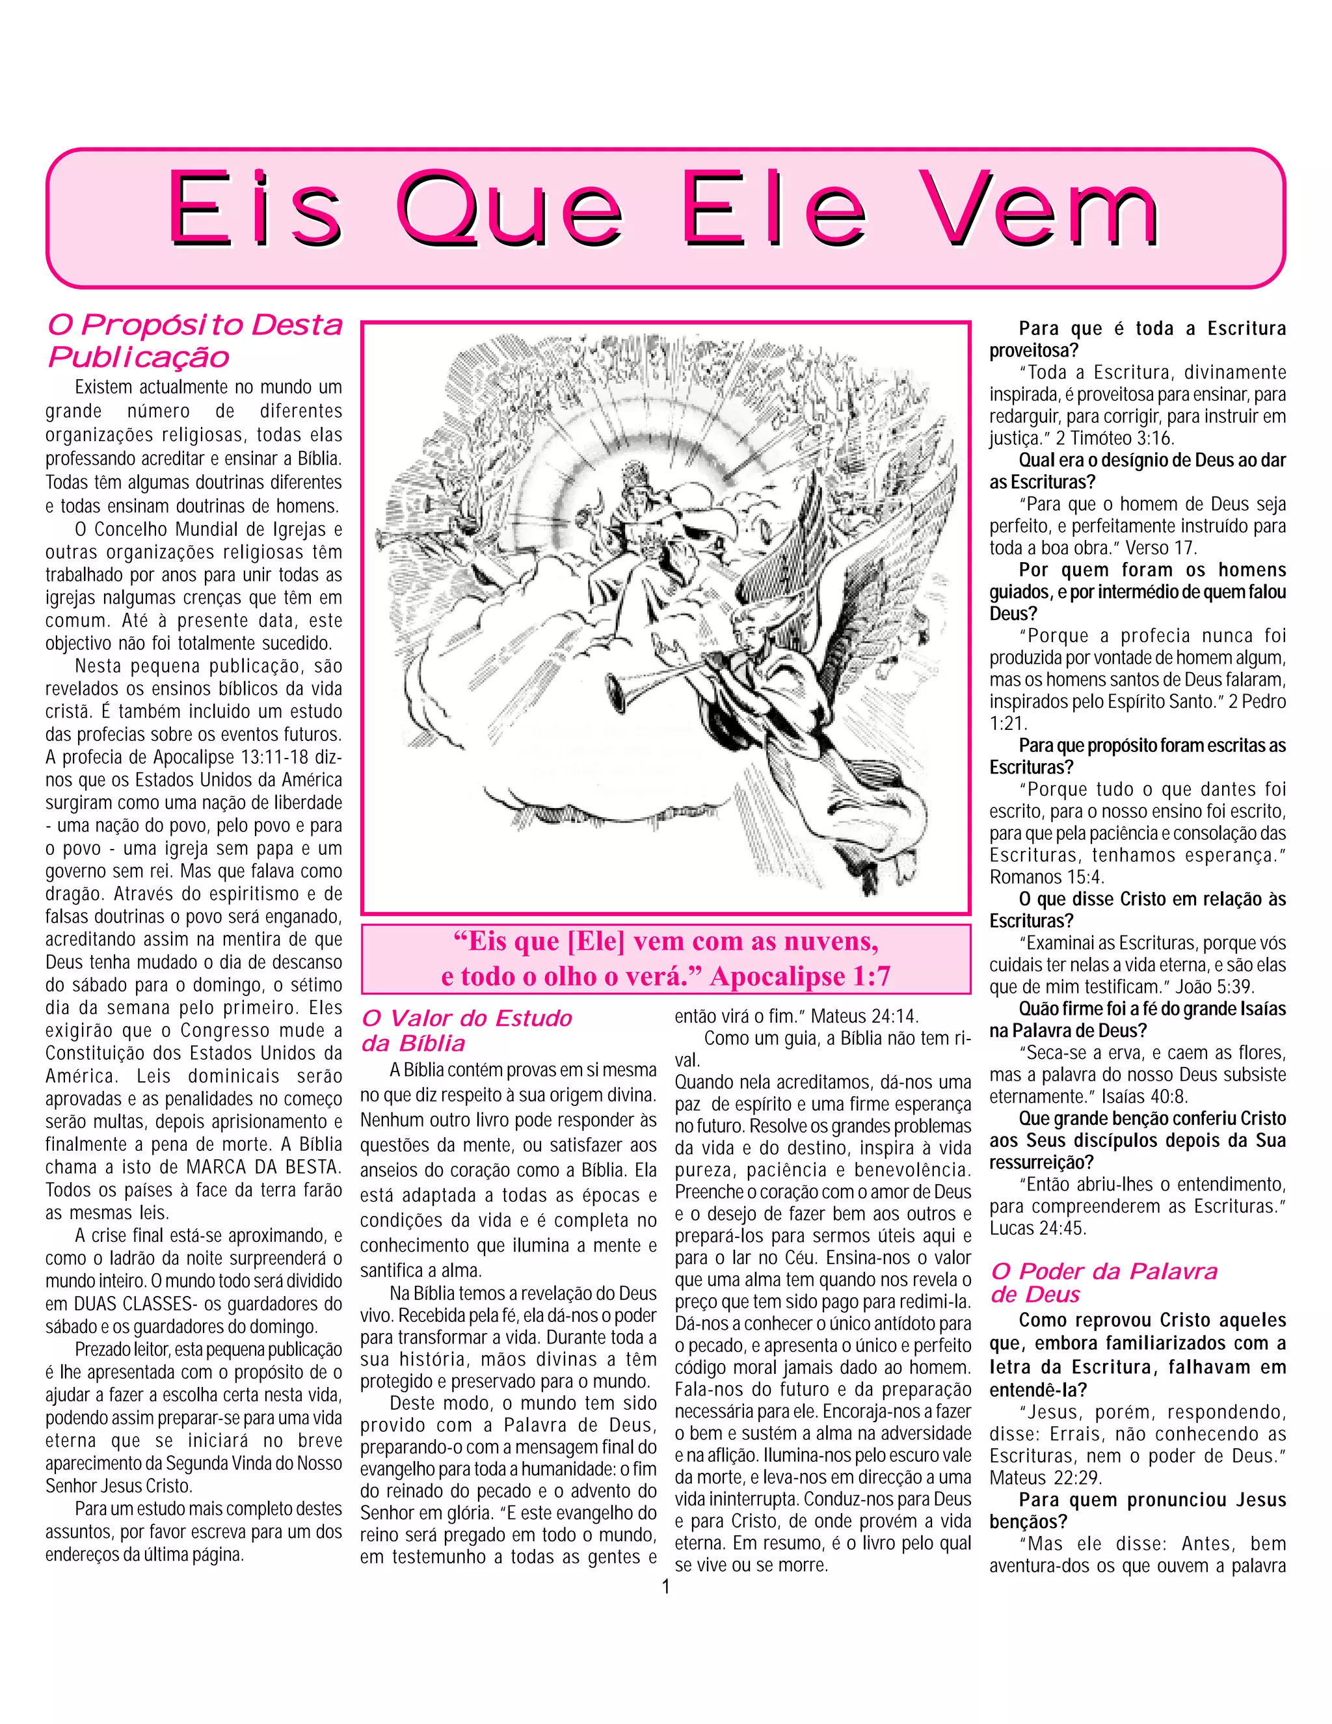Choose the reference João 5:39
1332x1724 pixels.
tap(1203, 987)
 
